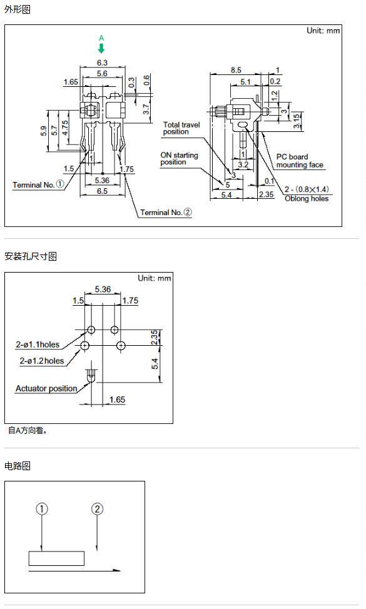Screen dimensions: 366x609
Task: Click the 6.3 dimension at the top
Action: coord(102,63)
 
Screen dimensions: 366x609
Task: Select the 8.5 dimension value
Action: coord(236,70)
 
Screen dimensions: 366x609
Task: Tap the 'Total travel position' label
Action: coord(181,128)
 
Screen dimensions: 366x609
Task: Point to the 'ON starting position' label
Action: coord(179,158)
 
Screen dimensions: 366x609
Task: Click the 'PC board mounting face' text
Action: coord(300,161)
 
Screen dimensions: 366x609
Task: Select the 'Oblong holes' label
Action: coord(307,199)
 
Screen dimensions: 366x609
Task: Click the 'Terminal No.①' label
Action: coord(38,184)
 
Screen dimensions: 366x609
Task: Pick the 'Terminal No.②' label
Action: coord(166,213)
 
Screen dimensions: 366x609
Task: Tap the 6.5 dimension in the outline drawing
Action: coord(102,191)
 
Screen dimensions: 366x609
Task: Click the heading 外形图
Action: coord(18,9)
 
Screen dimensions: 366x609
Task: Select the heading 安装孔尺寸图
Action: coord(31,256)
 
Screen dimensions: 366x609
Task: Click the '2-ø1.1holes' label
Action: coord(38,345)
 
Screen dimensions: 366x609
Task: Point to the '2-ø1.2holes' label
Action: coord(41,361)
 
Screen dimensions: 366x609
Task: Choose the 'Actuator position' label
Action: coord(46,389)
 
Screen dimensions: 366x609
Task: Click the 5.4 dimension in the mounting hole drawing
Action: coord(155,364)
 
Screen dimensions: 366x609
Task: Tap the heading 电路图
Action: coord(18,466)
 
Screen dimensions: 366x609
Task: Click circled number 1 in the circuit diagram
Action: coord(42,509)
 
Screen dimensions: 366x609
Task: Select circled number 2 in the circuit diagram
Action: coord(97,509)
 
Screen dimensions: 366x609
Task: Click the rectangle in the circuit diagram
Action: coord(57,551)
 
